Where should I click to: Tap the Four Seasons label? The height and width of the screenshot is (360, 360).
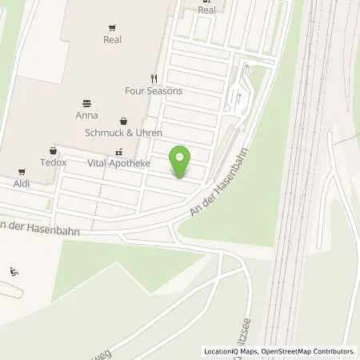[154, 91]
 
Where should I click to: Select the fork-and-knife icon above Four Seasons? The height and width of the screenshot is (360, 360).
[154, 78]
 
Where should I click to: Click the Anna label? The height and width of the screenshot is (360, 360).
[86, 114]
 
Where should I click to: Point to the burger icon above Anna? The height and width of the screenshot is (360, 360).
[86, 102]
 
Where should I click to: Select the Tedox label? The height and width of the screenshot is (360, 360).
[54, 162]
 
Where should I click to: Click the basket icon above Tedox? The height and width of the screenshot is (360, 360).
[54, 150]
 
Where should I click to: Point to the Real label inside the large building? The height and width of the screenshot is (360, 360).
[112, 38]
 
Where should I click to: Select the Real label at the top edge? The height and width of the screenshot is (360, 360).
[206, 10]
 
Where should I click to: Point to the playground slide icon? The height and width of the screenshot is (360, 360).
[13, 270]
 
